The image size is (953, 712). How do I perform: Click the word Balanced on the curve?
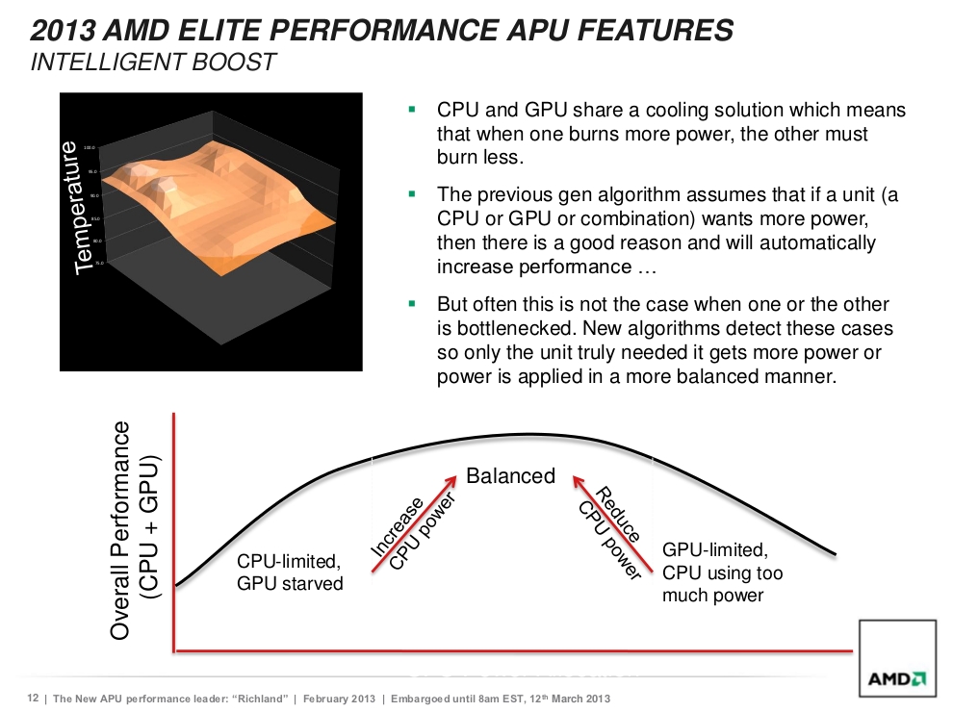click(510, 475)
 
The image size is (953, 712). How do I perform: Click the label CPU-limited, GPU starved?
click(290, 572)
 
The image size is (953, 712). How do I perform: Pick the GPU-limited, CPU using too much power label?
click(722, 572)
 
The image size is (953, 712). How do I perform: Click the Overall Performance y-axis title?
click(134, 529)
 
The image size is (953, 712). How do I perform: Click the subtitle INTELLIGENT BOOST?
click(153, 63)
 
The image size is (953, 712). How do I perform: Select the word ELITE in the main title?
click(223, 30)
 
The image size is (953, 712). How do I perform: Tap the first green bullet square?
click(412, 111)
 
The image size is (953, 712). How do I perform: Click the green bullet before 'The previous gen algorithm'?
click(412, 194)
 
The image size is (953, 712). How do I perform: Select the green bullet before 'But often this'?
click(412, 303)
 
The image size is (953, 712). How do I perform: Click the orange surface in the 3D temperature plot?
click(221, 192)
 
